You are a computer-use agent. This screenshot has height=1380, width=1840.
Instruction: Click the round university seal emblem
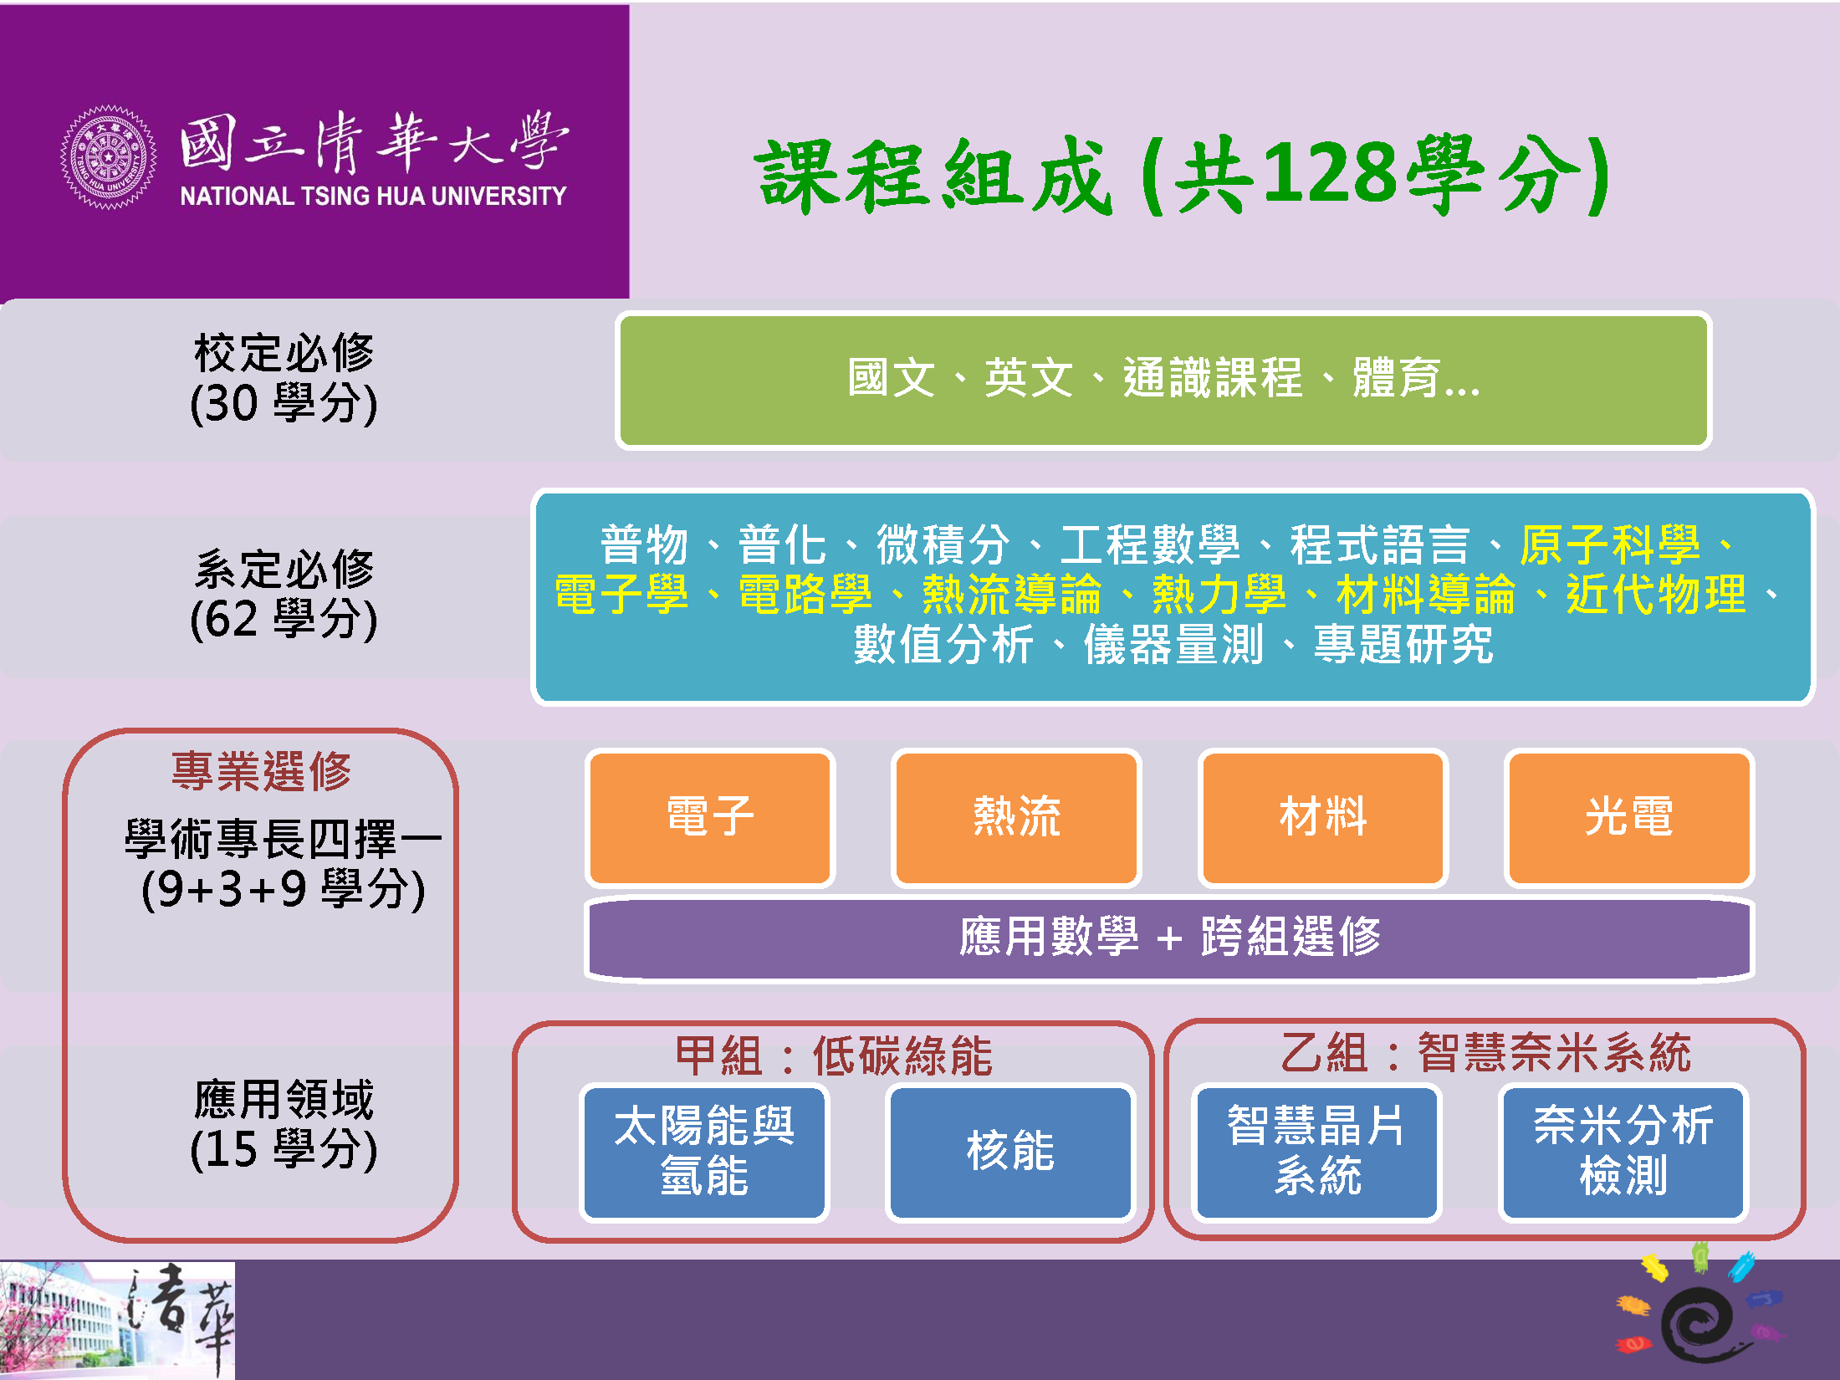point(109,157)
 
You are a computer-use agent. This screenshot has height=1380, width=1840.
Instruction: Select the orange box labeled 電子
point(710,817)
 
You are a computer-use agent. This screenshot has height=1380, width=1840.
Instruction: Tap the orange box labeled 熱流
point(1016,817)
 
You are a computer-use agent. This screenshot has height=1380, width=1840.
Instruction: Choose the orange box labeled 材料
point(1322,817)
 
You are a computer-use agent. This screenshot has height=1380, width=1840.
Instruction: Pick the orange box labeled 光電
point(1628,817)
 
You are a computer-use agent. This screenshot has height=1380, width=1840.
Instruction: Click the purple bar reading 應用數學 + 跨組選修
point(1169,938)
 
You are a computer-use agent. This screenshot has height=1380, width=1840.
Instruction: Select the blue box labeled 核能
point(1010,1152)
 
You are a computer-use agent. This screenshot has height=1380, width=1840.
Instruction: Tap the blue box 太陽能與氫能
point(704,1152)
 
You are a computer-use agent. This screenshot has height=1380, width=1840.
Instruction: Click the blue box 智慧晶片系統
point(1317,1152)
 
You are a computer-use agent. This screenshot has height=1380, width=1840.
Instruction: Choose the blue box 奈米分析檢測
point(1623,1152)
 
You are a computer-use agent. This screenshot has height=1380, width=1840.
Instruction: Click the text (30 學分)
point(284,404)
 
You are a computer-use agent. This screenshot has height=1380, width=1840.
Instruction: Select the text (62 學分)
point(284,620)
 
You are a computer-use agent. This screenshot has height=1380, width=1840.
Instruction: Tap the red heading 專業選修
point(262,770)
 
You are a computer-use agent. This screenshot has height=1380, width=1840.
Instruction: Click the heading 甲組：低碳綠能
point(834,1055)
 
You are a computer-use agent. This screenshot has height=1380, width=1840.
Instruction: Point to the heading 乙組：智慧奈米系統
point(1486,1052)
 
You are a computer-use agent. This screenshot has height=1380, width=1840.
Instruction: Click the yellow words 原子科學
point(1610,544)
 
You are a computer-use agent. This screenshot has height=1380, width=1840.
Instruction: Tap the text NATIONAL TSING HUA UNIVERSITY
point(373,197)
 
